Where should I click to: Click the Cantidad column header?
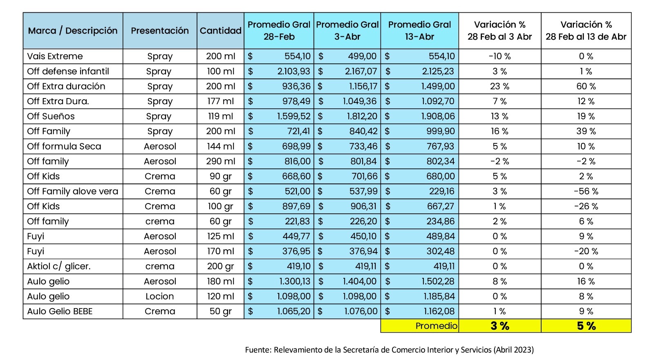220,31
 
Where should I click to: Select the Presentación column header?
160,31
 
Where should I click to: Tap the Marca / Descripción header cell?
73,31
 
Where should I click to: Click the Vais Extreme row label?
55,56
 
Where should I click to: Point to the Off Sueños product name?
51,116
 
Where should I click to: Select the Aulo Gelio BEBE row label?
60,311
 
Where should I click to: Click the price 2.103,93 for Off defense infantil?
293,72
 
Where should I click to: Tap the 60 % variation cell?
586,87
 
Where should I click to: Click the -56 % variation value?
586,191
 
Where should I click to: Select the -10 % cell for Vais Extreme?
499,56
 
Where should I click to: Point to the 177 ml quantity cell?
220,101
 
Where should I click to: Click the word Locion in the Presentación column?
160,296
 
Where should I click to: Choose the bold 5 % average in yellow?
586,326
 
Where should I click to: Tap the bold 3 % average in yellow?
499,326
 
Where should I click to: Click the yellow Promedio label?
436,326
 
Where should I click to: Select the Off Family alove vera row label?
72,191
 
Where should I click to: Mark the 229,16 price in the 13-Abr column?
441,191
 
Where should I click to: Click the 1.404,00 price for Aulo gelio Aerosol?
360,282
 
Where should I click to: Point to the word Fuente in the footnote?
258,350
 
